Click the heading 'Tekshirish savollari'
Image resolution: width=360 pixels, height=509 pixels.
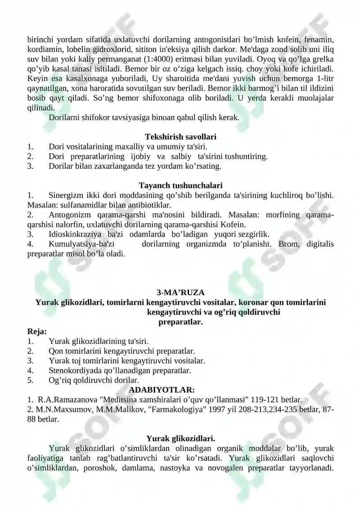click(180, 136)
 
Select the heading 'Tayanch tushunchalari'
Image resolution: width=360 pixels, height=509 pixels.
click(180, 185)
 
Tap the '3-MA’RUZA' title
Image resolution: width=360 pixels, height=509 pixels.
click(180, 293)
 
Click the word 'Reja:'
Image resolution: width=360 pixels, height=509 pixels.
click(37, 332)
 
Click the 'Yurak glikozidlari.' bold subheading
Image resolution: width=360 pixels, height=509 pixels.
click(180, 438)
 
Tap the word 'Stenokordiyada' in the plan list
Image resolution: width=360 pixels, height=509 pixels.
click(73, 371)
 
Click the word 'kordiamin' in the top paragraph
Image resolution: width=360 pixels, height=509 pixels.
click(43, 50)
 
